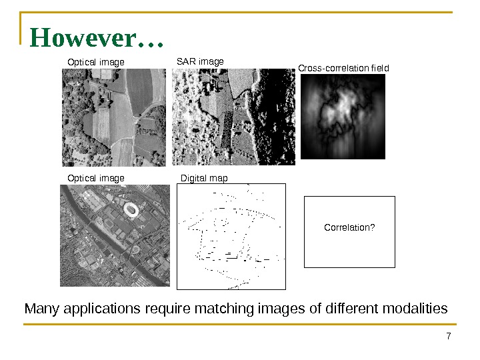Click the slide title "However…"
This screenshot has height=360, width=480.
97,39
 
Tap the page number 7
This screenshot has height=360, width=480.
449,336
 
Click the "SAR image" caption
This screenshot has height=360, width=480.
200,62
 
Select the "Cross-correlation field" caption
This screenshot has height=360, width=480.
343,68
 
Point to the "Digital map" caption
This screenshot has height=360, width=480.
205,178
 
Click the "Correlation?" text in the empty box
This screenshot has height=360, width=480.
349,228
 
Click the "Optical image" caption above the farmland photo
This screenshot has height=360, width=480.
96,63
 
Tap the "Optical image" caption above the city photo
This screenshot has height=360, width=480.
96,178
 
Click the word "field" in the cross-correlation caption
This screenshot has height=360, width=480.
378,68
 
